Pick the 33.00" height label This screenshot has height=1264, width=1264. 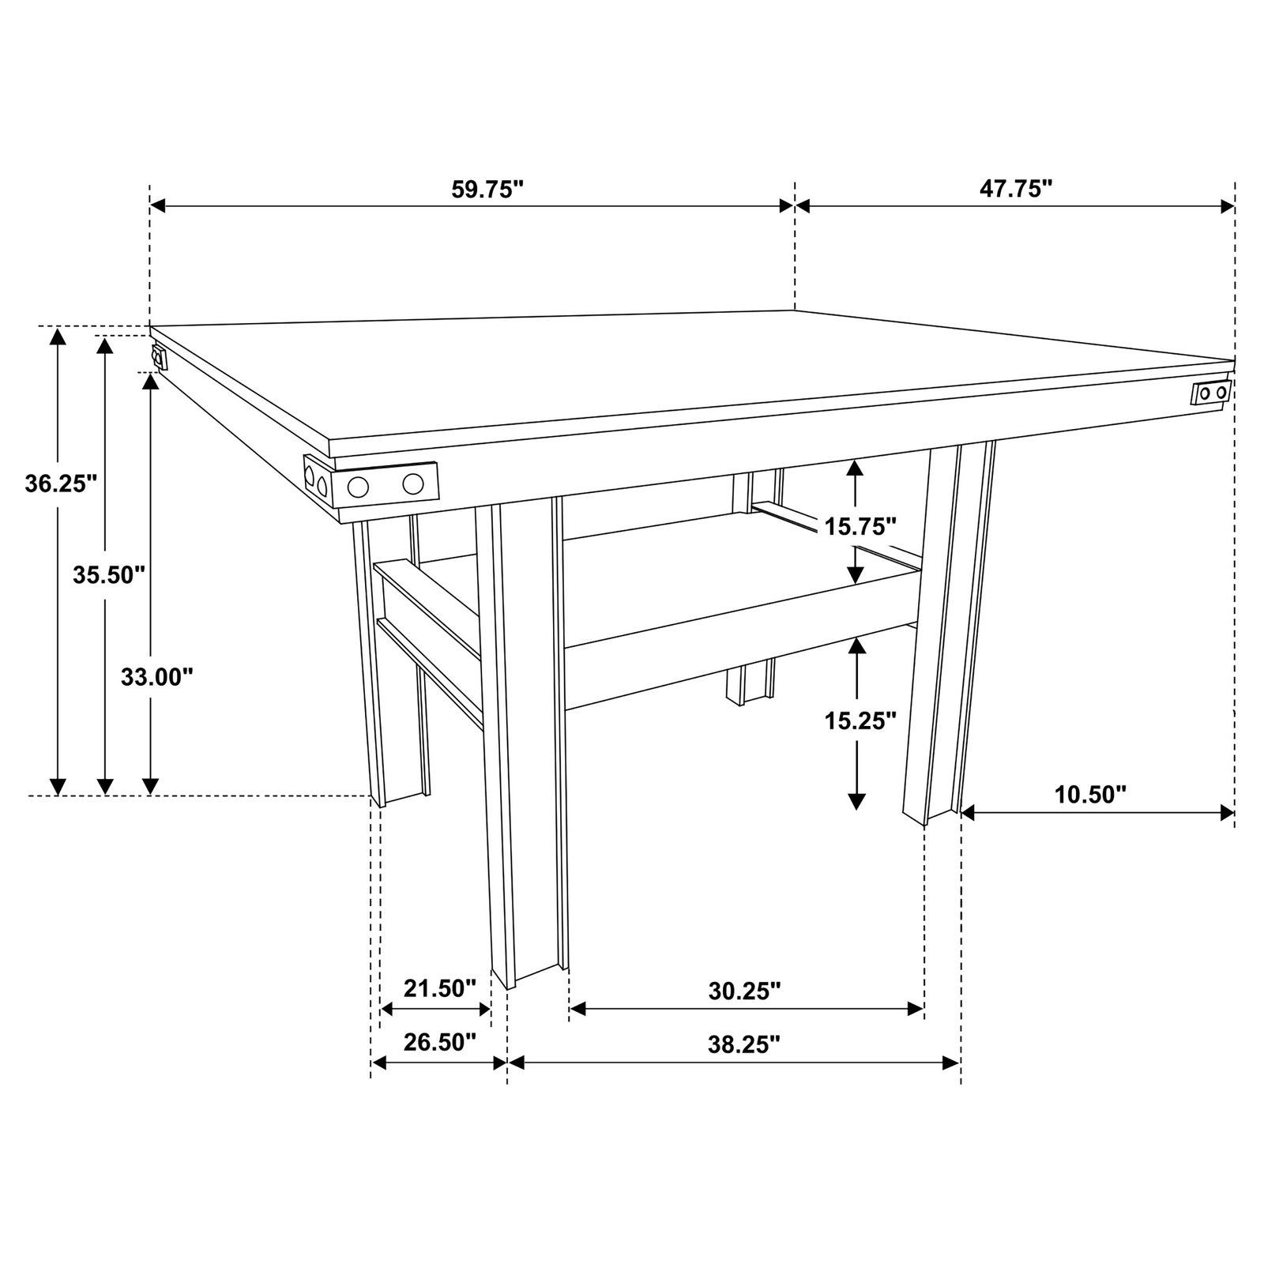157,676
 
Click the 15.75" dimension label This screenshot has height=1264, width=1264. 860,525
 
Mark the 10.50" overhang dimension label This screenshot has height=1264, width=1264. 1090,794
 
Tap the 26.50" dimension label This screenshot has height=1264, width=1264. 440,1042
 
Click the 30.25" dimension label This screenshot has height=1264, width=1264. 744,991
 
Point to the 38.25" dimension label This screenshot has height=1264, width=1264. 744,1044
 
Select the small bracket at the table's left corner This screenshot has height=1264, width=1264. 160,358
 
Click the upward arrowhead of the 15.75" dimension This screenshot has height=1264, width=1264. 854,468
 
